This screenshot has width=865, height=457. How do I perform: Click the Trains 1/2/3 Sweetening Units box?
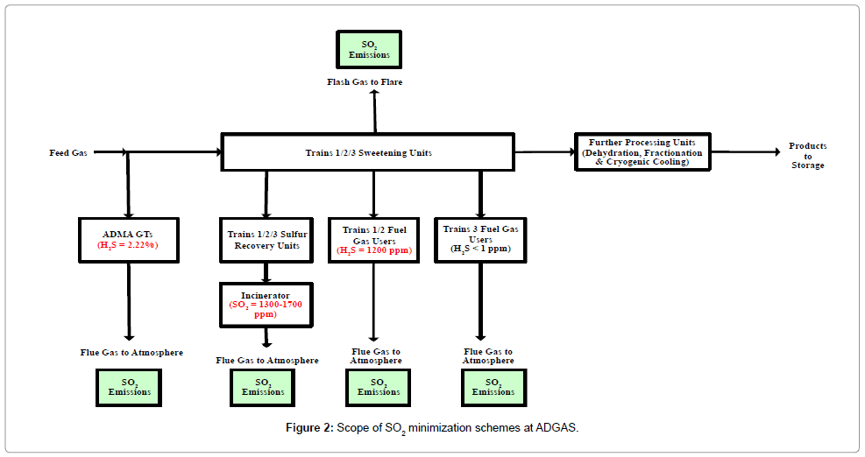point(367,152)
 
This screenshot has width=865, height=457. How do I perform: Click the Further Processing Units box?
point(643,152)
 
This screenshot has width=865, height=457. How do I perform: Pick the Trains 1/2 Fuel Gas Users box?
point(373,239)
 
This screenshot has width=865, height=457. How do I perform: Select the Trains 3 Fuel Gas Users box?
point(480,238)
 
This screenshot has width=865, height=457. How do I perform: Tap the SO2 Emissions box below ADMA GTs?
point(129,386)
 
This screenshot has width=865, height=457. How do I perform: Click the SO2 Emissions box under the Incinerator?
point(263,387)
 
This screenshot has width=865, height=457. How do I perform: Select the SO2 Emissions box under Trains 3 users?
point(493,387)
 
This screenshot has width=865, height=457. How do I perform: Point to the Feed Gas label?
point(67,153)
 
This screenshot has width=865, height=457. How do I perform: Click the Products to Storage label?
point(806,155)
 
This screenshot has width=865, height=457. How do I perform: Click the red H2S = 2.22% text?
point(129,246)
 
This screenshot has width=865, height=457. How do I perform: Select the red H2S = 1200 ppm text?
point(374,250)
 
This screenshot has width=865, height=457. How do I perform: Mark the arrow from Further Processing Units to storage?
point(745,152)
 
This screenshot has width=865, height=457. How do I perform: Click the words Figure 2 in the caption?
point(308,428)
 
